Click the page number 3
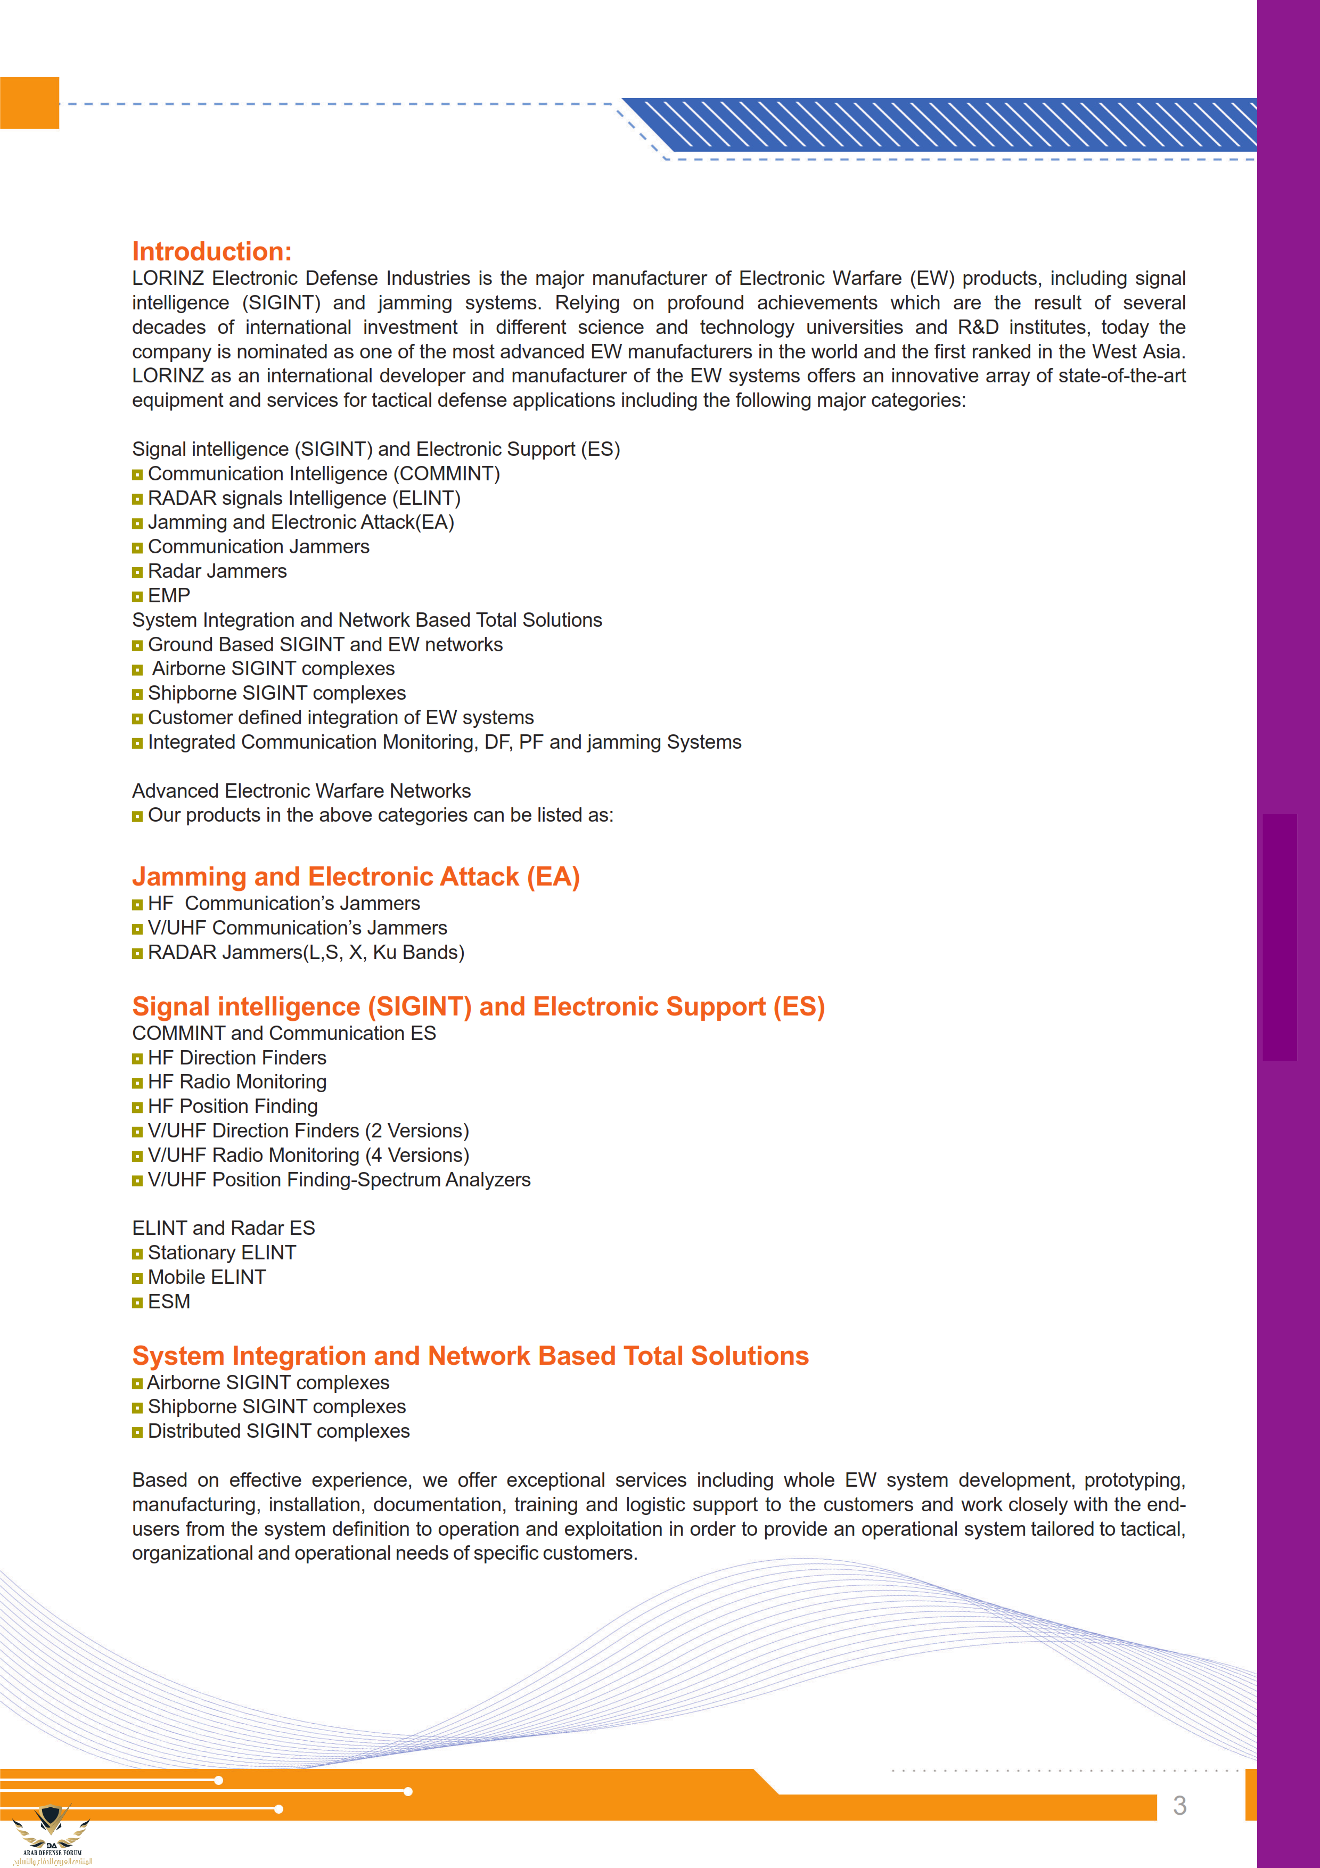pos(1179,1805)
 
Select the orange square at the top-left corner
pos(29,103)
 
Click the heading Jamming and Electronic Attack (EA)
pos(355,876)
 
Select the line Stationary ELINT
pos(221,1253)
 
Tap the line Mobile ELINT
pos(207,1277)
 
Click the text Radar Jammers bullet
pos(217,571)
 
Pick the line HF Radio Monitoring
pos(236,1082)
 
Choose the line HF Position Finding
pos(233,1107)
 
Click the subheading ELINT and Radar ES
pos(224,1228)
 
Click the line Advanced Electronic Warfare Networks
pos(301,791)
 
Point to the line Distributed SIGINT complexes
pos(278,1431)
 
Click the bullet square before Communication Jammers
pos(137,547)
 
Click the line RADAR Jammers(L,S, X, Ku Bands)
pos(306,952)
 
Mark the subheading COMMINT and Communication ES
pos(284,1033)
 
